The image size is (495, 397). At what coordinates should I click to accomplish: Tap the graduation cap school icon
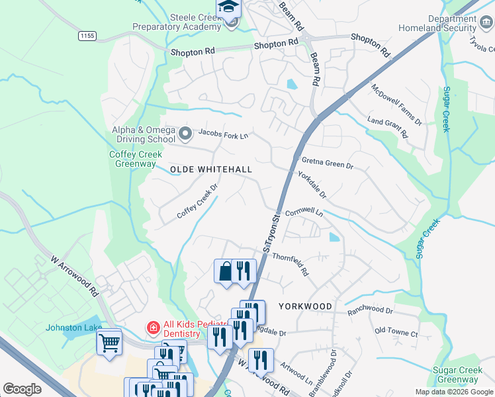tap(228, 7)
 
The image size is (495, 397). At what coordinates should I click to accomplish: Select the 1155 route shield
tap(87, 34)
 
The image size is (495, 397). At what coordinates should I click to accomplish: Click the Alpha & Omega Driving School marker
tap(185, 134)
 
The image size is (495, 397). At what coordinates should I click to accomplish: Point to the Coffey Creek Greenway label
tap(133, 159)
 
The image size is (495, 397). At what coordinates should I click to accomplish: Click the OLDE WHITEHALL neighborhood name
tap(211, 170)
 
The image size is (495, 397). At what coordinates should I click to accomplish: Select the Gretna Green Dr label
tap(328, 162)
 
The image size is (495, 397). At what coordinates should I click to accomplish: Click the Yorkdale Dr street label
tap(312, 186)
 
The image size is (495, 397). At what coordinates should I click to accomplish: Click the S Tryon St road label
tap(272, 232)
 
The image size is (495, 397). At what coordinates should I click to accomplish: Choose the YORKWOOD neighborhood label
tap(304, 306)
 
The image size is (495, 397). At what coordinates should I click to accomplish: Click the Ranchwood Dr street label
tap(371, 310)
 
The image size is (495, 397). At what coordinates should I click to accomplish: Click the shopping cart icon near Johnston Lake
tap(109, 342)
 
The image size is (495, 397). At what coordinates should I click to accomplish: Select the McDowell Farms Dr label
tap(396, 105)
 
